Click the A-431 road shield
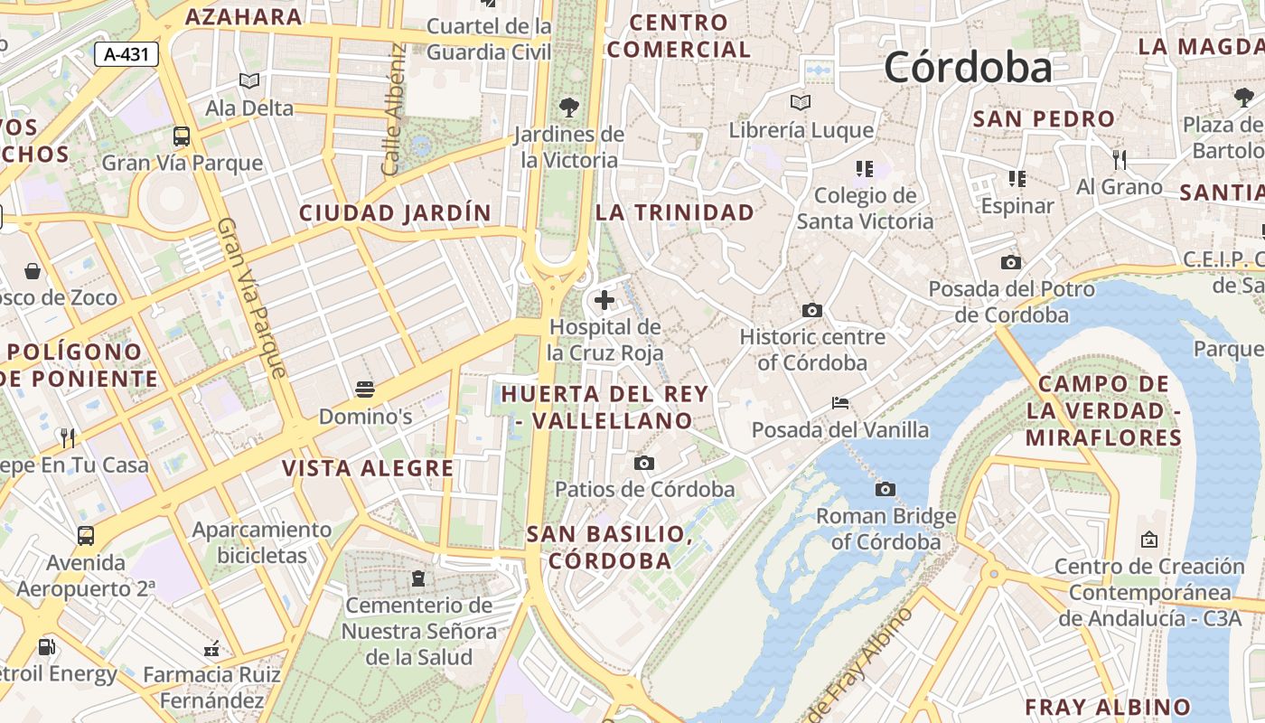(126, 54)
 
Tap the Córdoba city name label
(968, 68)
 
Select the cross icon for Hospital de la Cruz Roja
(604, 300)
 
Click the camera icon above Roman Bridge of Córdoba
(885, 490)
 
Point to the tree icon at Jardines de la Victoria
(569, 108)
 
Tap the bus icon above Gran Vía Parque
(182, 136)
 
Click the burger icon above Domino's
(365, 390)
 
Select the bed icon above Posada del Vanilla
(840, 402)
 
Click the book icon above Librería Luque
(801, 103)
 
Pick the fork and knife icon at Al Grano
(1120, 160)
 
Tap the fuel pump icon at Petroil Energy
(46, 647)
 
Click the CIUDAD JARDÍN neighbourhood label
(395, 213)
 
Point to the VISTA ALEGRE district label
(368, 468)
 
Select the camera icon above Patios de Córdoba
(644, 464)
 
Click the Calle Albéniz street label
(392, 110)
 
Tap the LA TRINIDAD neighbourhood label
(674, 212)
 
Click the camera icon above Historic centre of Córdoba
(812, 311)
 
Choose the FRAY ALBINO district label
(1107, 707)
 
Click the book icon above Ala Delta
(249, 81)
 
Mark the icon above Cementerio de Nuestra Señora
(417, 577)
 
